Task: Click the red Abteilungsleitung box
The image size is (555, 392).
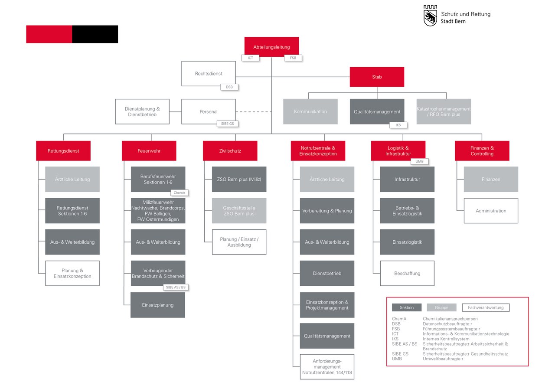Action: pos(271,47)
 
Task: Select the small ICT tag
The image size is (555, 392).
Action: pos(251,58)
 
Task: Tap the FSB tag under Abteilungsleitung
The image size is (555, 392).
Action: pos(293,58)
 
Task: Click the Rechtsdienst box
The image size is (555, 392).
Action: pos(209,74)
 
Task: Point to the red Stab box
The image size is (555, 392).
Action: pos(377,77)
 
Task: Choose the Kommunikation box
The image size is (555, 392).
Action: pos(310,111)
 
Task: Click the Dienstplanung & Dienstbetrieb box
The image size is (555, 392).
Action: pos(142,111)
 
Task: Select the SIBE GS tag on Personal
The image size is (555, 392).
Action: pos(228,124)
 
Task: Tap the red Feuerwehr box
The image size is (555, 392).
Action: pos(149,151)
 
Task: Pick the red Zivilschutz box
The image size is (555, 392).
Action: pos(230,151)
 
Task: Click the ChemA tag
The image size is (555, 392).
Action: pos(180,193)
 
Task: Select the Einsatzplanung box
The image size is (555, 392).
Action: pos(158,305)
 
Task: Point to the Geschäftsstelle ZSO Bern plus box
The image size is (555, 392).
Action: pos(239,211)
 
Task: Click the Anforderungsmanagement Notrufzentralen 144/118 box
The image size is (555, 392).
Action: pos(327,367)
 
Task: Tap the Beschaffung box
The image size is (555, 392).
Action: pos(407,273)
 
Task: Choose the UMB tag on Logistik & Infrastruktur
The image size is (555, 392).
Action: pos(419,161)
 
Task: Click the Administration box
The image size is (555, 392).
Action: pos(491,211)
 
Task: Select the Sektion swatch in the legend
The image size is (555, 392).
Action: pos(407,307)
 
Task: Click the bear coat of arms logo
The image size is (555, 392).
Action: pos(431,16)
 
